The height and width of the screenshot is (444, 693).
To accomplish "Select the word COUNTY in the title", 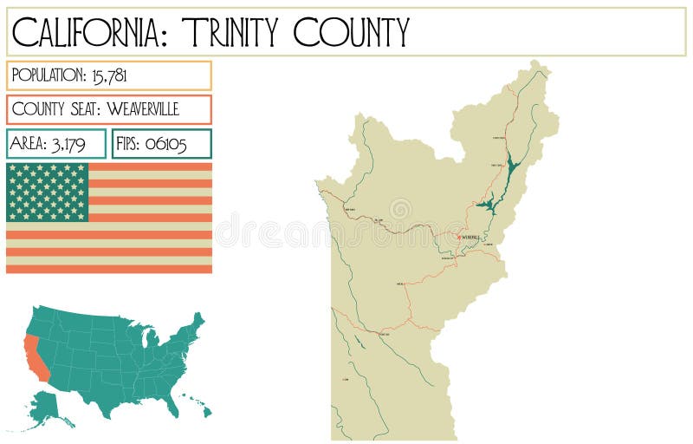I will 351,32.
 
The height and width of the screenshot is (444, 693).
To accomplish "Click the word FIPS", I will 126,144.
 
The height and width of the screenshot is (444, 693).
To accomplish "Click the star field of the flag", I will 48,192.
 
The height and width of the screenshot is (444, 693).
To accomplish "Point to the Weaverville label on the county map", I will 471,237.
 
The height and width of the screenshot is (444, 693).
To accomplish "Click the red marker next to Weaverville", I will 458,236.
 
